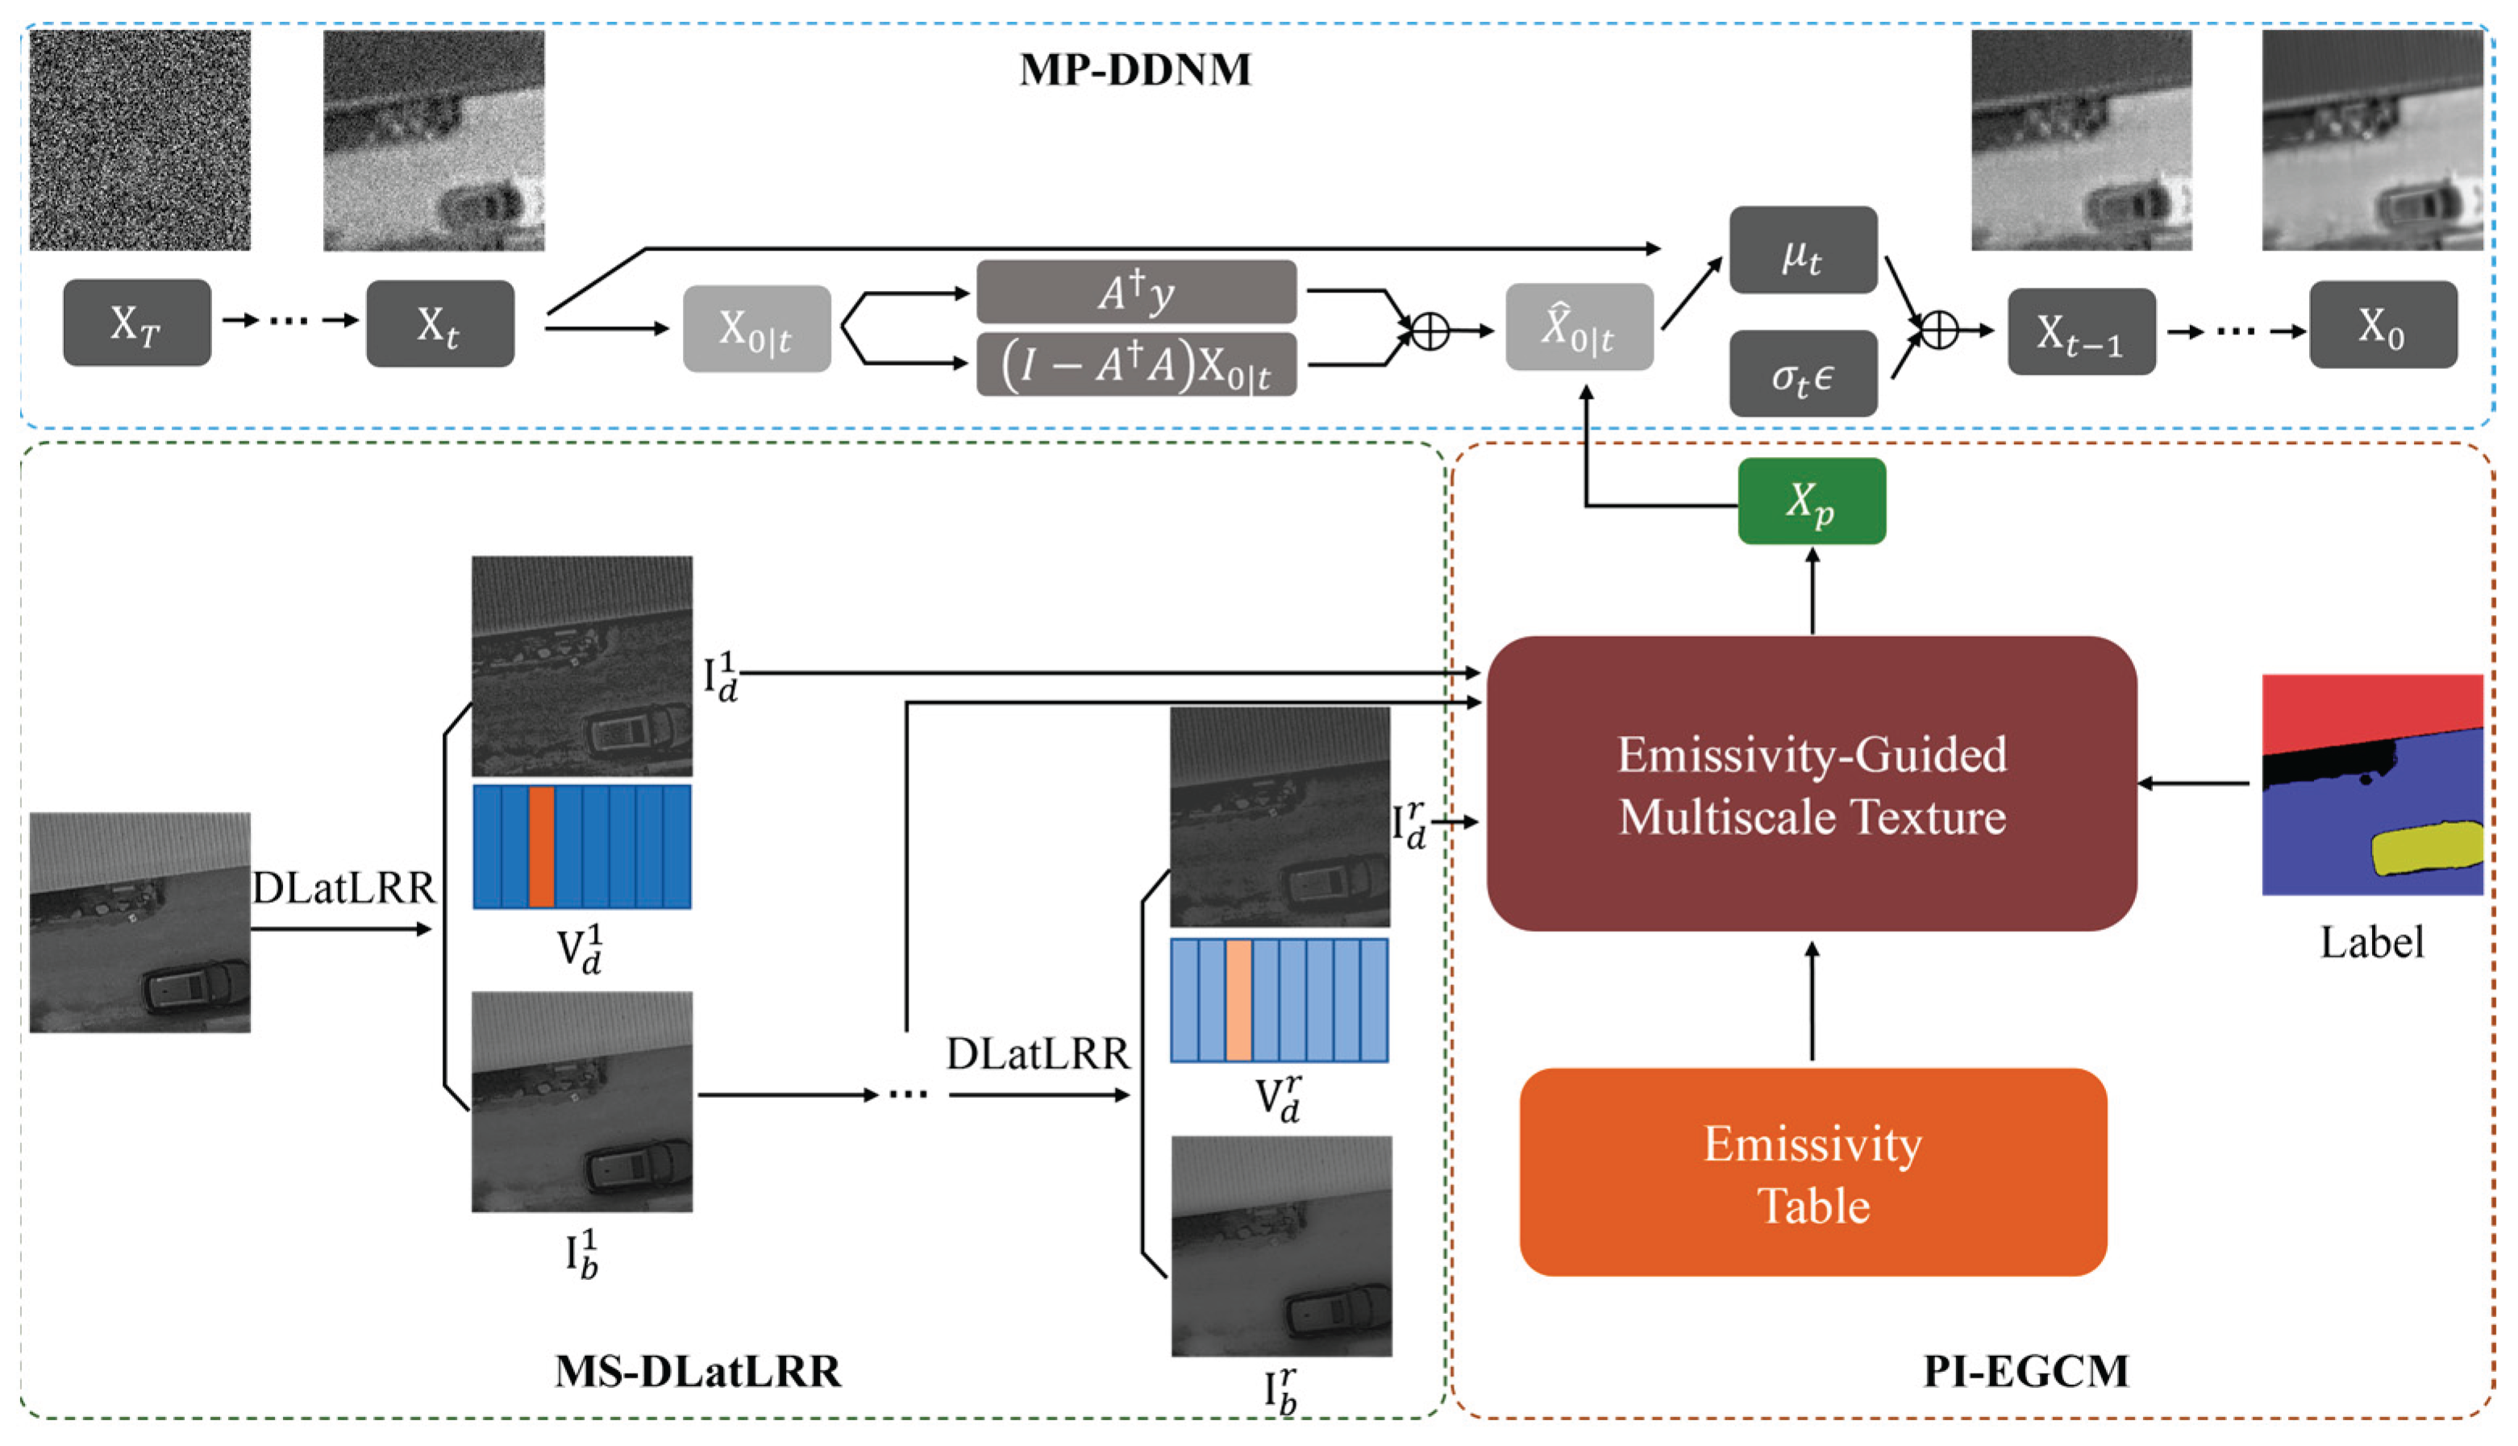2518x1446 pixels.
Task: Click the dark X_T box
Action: pos(137,322)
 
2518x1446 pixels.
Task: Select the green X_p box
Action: pos(1811,501)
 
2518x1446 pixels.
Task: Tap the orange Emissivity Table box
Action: pos(1813,1173)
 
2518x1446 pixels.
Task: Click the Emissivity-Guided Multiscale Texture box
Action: pos(1811,784)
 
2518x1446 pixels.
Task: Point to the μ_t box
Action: pos(1802,250)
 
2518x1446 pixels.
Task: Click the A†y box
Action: pos(1135,292)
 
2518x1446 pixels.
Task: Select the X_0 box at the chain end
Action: pos(2382,325)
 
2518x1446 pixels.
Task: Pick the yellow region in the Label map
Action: pos(2424,848)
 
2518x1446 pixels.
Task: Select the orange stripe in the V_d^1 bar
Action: pos(541,846)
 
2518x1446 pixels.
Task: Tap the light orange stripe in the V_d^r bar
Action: pos(1238,1000)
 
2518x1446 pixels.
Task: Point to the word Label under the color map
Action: pos(2371,941)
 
